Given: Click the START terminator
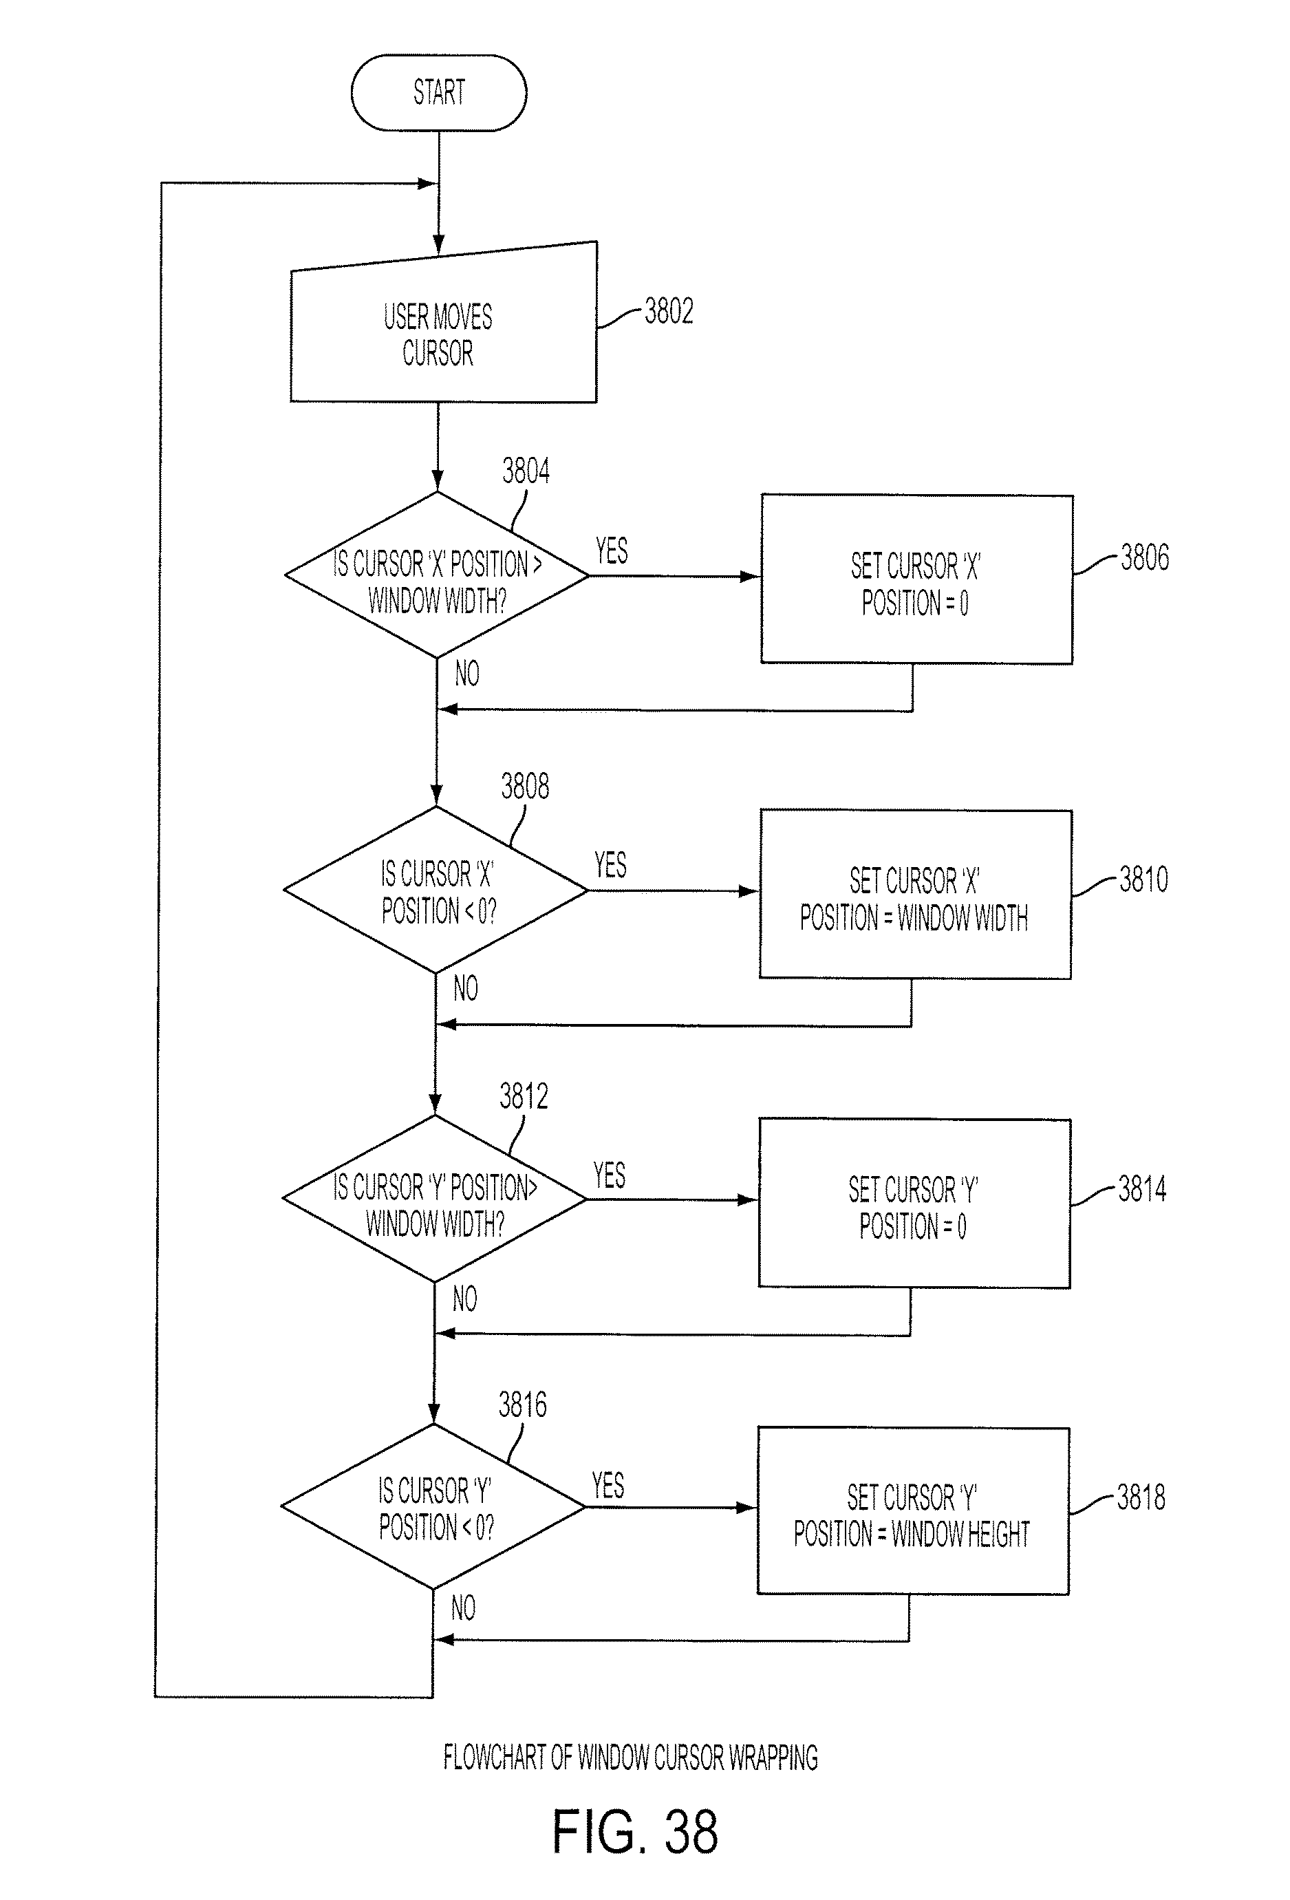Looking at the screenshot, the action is [x=439, y=92].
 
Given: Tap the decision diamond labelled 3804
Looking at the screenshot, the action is [x=437, y=575].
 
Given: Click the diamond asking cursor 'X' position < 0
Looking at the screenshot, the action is [x=436, y=890].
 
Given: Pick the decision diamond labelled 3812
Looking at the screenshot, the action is [x=435, y=1199].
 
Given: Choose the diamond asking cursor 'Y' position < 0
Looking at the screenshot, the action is [x=433, y=1507].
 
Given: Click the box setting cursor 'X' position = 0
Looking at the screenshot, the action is [x=917, y=579].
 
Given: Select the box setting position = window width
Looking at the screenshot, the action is [x=916, y=895].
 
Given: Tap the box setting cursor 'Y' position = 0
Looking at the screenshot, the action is [x=915, y=1204].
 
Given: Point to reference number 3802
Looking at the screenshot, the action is [x=669, y=312].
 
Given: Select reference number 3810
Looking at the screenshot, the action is [x=1143, y=879].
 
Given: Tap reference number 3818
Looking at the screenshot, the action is [x=1141, y=1497].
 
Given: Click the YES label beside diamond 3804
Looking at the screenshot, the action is [x=612, y=551].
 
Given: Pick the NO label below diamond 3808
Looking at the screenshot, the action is [x=466, y=988].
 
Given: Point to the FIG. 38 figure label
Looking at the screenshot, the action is [x=635, y=1833].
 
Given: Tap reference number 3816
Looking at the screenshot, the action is [x=523, y=1405].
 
